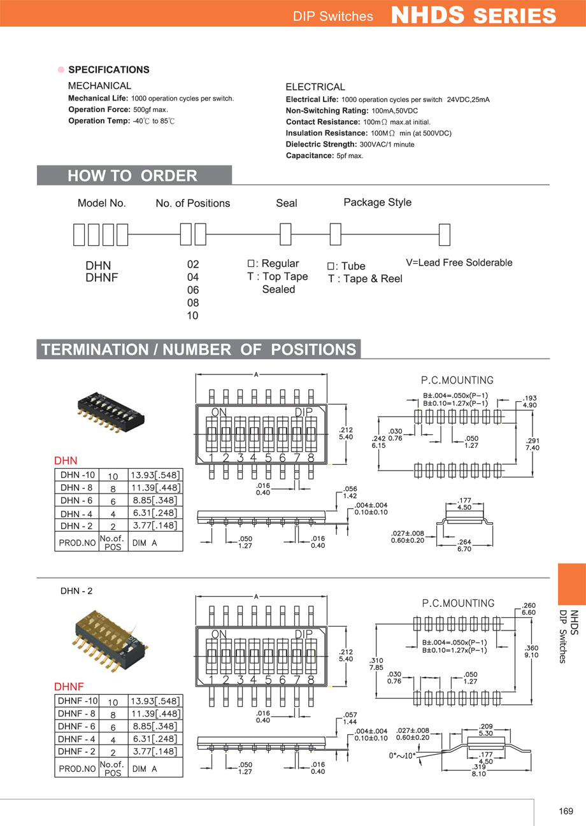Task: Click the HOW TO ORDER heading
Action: click(132, 176)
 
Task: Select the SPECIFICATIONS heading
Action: click(108, 69)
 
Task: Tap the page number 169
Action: click(566, 811)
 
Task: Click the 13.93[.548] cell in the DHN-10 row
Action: click(155, 475)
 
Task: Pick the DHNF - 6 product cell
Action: click(76, 726)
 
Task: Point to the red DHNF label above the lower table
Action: click(69, 687)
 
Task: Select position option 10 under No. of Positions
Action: click(192, 316)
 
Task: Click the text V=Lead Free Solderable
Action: click(459, 262)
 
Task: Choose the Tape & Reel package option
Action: click(365, 279)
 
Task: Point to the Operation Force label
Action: click(99, 110)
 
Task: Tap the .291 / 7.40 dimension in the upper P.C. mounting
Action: click(532, 444)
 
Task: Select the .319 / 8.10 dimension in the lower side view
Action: click(479, 771)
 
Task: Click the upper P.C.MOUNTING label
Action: click(457, 380)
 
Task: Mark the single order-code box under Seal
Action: click(286, 234)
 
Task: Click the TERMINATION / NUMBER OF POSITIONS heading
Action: click(199, 350)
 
